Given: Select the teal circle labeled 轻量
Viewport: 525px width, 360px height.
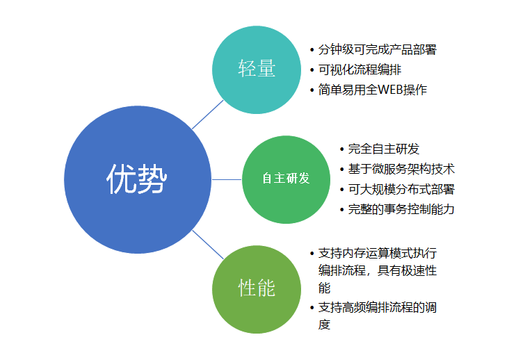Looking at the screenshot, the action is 257,69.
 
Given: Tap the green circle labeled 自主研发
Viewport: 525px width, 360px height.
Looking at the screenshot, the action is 286,179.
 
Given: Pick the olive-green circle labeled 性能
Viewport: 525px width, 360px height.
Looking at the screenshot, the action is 257,288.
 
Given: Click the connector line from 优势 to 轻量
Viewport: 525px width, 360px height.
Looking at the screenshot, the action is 207,115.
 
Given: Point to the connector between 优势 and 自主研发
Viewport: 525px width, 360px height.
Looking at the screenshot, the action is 226,179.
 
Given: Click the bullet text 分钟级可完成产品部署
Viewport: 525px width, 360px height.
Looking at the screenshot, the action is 377,50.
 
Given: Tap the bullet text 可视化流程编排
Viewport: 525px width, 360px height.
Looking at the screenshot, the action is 359,69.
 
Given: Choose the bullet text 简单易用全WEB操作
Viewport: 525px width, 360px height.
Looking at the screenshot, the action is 372,90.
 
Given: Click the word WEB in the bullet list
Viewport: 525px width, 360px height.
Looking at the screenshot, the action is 395,90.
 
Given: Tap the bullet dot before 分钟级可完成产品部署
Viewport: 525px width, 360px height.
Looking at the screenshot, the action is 312,51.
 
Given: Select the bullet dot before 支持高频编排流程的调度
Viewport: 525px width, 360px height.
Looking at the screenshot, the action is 312,307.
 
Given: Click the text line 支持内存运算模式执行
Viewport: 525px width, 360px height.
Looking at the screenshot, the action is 377,253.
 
